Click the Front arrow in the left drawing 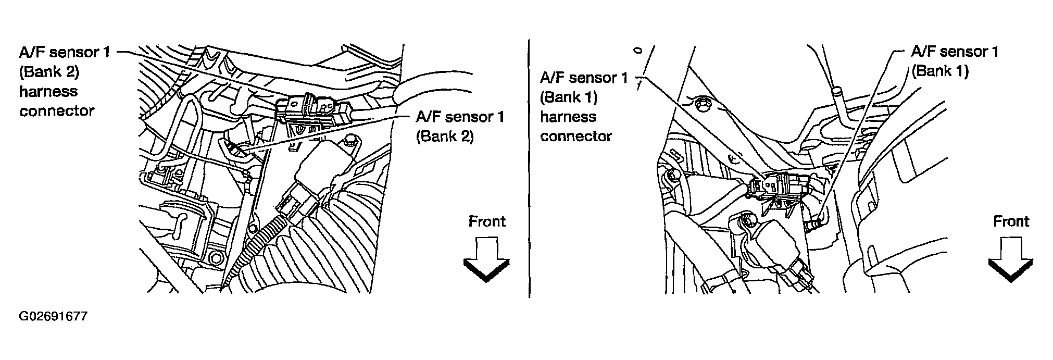click(486, 259)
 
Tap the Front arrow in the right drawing click(1011, 259)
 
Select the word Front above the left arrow click(487, 221)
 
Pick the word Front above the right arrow click(1011, 221)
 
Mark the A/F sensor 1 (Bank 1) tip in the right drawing click(819, 225)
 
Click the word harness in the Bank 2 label click(48, 92)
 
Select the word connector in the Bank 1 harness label click(575, 136)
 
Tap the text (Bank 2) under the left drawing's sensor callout click(445, 136)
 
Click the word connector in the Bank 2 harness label click(57, 111)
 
